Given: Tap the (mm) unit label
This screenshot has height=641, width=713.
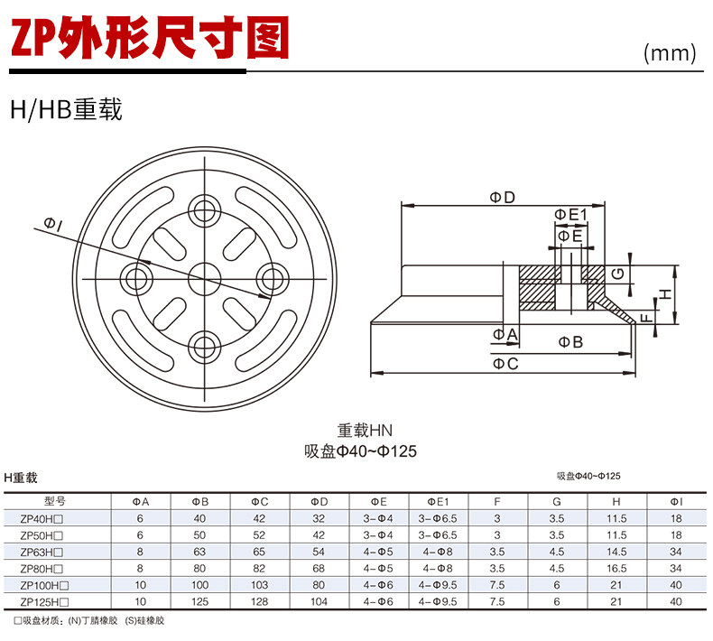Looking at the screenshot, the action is [x=671, y=53].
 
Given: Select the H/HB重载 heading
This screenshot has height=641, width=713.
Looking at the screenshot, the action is [x=65, y=111].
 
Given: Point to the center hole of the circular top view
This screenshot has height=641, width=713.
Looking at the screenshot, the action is [x=205, y=274].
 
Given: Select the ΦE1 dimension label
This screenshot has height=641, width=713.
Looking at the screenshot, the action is [x=570, y=214].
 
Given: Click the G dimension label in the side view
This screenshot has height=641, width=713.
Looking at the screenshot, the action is [x=617, y=274].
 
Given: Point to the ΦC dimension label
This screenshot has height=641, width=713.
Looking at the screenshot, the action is [x=505, y=364].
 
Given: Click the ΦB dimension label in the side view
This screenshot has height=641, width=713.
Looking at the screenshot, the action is [x=569, y=342].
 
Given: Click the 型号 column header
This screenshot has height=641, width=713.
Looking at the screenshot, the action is [x=55, y=501].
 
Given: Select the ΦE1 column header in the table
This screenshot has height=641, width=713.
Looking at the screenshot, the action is [x=439, y=501].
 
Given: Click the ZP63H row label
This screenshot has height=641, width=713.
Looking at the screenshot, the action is [x=46, y=551].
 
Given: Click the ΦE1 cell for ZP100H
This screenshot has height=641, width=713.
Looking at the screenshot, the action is [x=439, y=584].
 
